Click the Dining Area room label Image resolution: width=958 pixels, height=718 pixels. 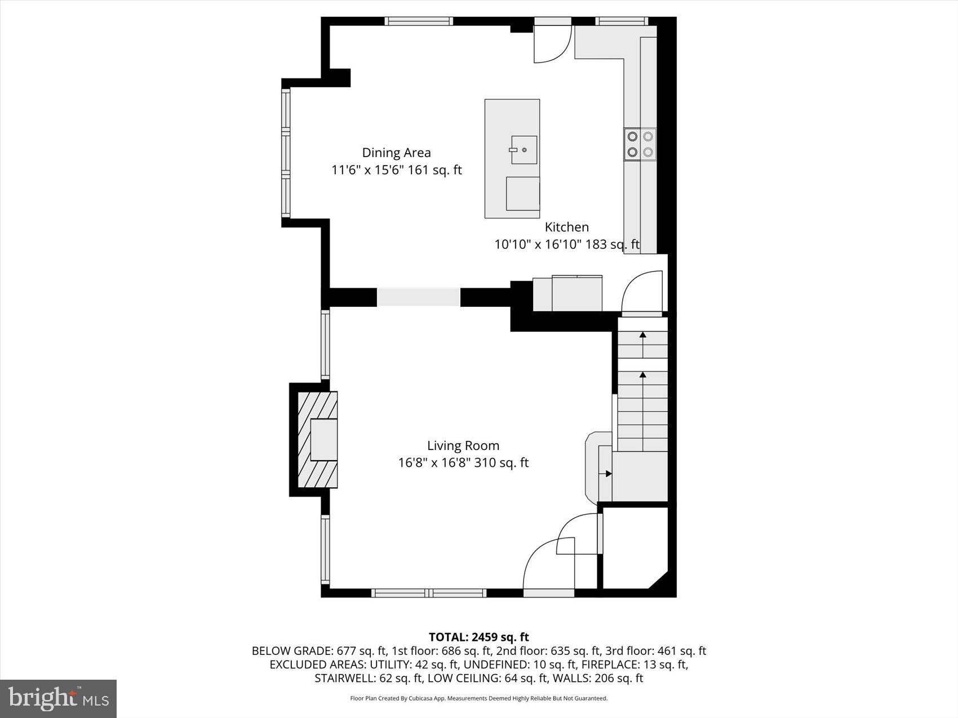coord(396,153)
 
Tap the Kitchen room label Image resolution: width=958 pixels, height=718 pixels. coord(566,227)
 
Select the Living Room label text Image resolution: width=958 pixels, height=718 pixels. coord(463,445)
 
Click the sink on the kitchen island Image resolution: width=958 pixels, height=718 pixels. coord(524,150)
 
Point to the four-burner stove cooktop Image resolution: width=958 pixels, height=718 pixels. coord(640,144)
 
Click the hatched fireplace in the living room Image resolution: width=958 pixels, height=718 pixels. coord(317,439)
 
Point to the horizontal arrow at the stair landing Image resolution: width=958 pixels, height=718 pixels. coord(608,474)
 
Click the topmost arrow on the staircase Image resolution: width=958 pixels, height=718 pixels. coord(642,336)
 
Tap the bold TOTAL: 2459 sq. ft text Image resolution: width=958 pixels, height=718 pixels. coord(478,637)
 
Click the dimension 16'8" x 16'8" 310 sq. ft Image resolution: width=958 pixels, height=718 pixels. coord(463,463)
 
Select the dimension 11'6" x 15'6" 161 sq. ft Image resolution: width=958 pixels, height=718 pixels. coord(396,170)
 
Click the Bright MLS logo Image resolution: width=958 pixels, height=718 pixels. coord(59,698)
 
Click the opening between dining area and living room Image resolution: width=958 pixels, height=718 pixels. coord(418,297)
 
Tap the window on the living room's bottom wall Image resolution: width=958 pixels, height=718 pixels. coord(429,592)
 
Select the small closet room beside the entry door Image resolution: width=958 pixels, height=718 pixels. coord(634,546)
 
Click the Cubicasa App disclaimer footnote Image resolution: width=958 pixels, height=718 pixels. coord(478,698)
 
